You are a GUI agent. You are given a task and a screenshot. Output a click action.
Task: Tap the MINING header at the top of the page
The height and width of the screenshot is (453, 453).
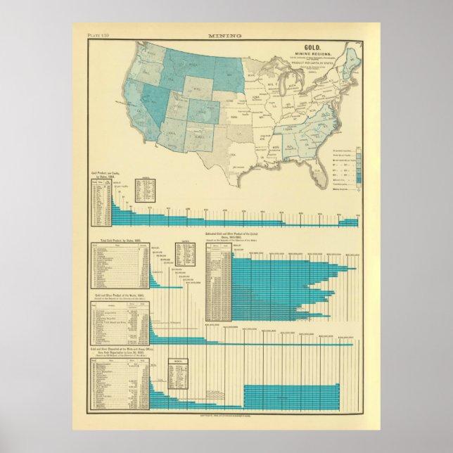pos(225,34)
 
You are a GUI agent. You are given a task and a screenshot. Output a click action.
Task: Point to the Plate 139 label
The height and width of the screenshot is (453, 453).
pos(98,34)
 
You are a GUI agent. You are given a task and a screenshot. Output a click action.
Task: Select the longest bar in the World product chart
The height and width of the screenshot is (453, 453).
pos(254,344)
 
